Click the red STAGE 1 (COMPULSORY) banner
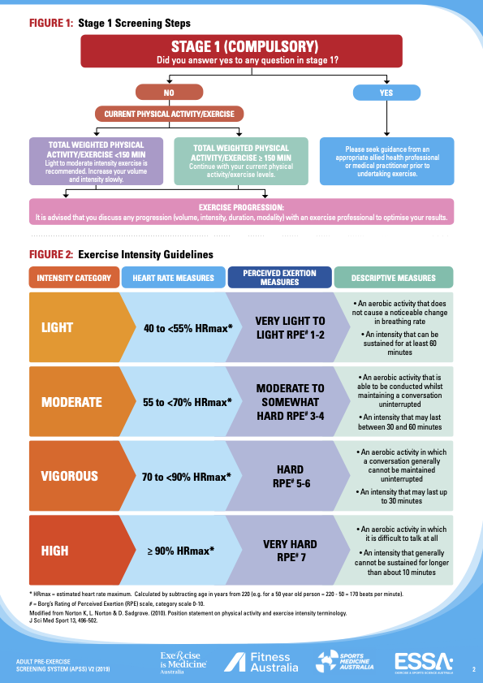241,51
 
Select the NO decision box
169,93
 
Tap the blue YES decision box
386,93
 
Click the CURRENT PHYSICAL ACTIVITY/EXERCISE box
169,115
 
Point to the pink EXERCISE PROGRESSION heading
241,208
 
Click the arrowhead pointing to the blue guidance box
386,133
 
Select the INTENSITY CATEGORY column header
74,278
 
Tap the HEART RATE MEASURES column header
174,278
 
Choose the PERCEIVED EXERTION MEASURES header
279,278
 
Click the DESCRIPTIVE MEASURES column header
393,278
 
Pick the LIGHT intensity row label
57,327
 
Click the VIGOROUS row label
70,476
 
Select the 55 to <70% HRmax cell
188,402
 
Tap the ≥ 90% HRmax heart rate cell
181,551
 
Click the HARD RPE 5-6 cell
291,476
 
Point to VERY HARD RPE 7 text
290,551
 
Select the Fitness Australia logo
261,662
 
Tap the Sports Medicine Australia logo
345,662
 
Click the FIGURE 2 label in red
51,254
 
